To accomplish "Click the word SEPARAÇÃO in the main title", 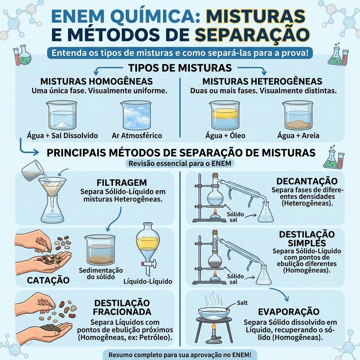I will pyautogui.click(x=252, y=35).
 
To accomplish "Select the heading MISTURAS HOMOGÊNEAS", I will pyautogui.click(x=96, y=81).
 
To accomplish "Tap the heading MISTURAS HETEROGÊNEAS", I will pyautogui.click(x=262, y=81).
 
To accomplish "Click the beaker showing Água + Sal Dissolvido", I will pyautogui.click(x=62, y=116).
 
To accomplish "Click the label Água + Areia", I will pyautogui.click(x=298, y=135).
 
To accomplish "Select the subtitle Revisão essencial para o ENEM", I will pyautogui.click(x=180, y=163).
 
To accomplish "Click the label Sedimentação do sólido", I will pyautogui.click(x=101, y=274).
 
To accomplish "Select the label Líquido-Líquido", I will pyautogui.click(x=148, y=281).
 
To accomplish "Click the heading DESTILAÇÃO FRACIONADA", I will pyautogui.click(x=122, y=307).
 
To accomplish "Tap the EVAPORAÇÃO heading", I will pyautogui.click(x=289, y=312).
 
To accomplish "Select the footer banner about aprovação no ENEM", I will pyautogui.click(x=180, y=354).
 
